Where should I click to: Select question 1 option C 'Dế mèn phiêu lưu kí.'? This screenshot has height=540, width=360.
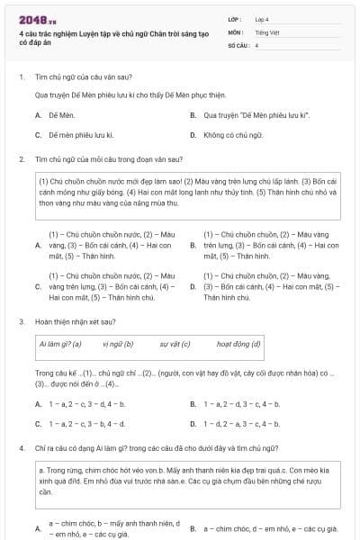point(80,135)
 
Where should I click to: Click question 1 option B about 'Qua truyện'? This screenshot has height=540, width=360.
point(256,115)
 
